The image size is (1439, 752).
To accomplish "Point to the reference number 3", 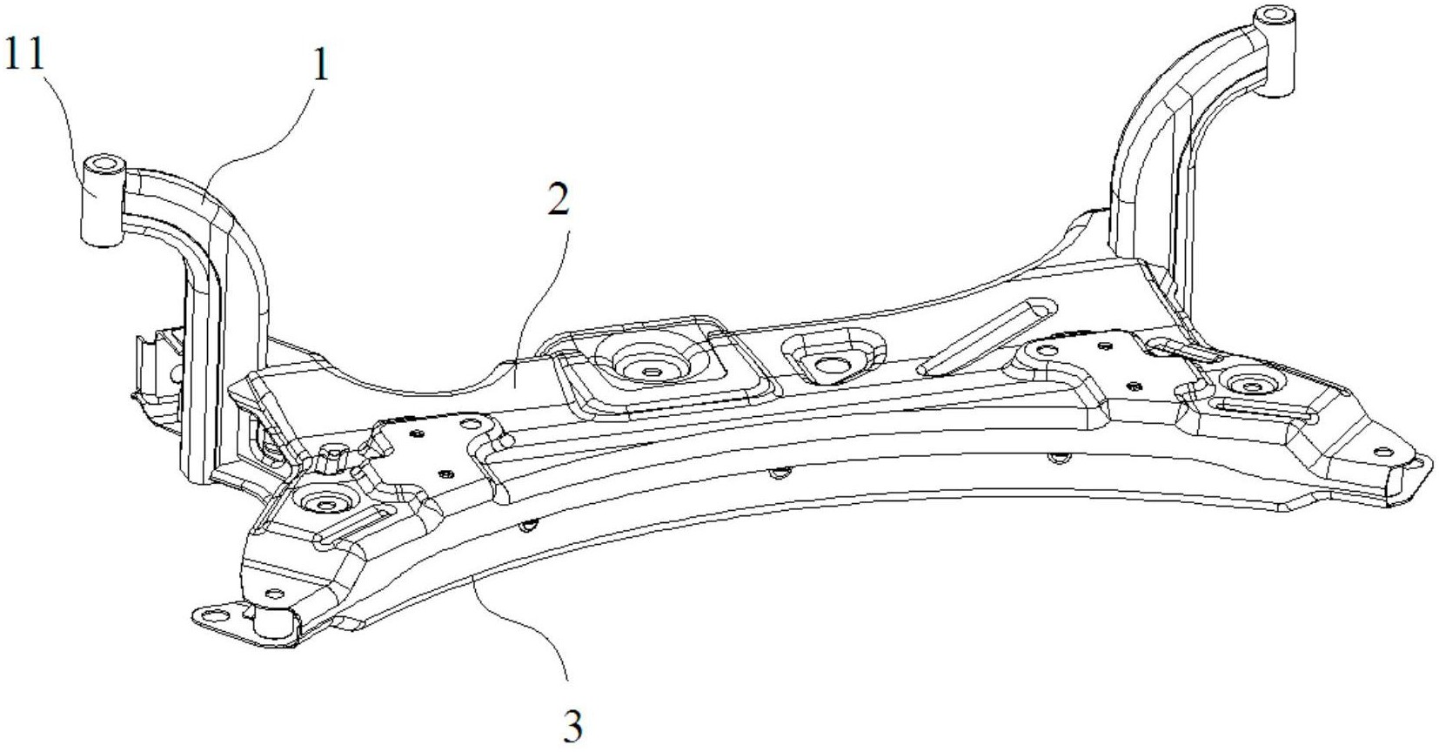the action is pos(572,726).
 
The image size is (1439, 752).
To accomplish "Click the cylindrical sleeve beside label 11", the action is pos(103,200).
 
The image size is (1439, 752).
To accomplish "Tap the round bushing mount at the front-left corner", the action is pos(326,501).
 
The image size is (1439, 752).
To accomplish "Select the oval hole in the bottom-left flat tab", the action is pos(214,617).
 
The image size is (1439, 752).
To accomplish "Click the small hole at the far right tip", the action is pos(1383,452).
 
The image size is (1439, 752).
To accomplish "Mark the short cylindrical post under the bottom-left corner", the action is pos(272,622).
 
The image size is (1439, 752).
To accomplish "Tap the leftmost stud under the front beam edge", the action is pos(528,526).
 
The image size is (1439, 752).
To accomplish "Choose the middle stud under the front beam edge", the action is pos(779,473).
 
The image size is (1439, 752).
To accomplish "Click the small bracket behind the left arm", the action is pos(157,373).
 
